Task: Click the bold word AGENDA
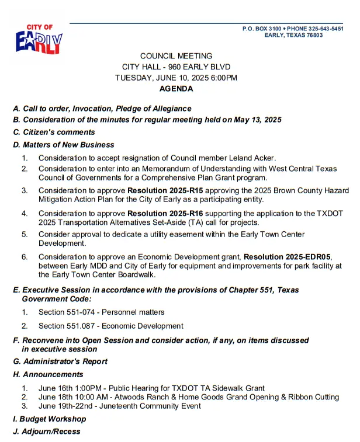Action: coord(176,89)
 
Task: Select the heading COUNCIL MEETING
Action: coord(176,55)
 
